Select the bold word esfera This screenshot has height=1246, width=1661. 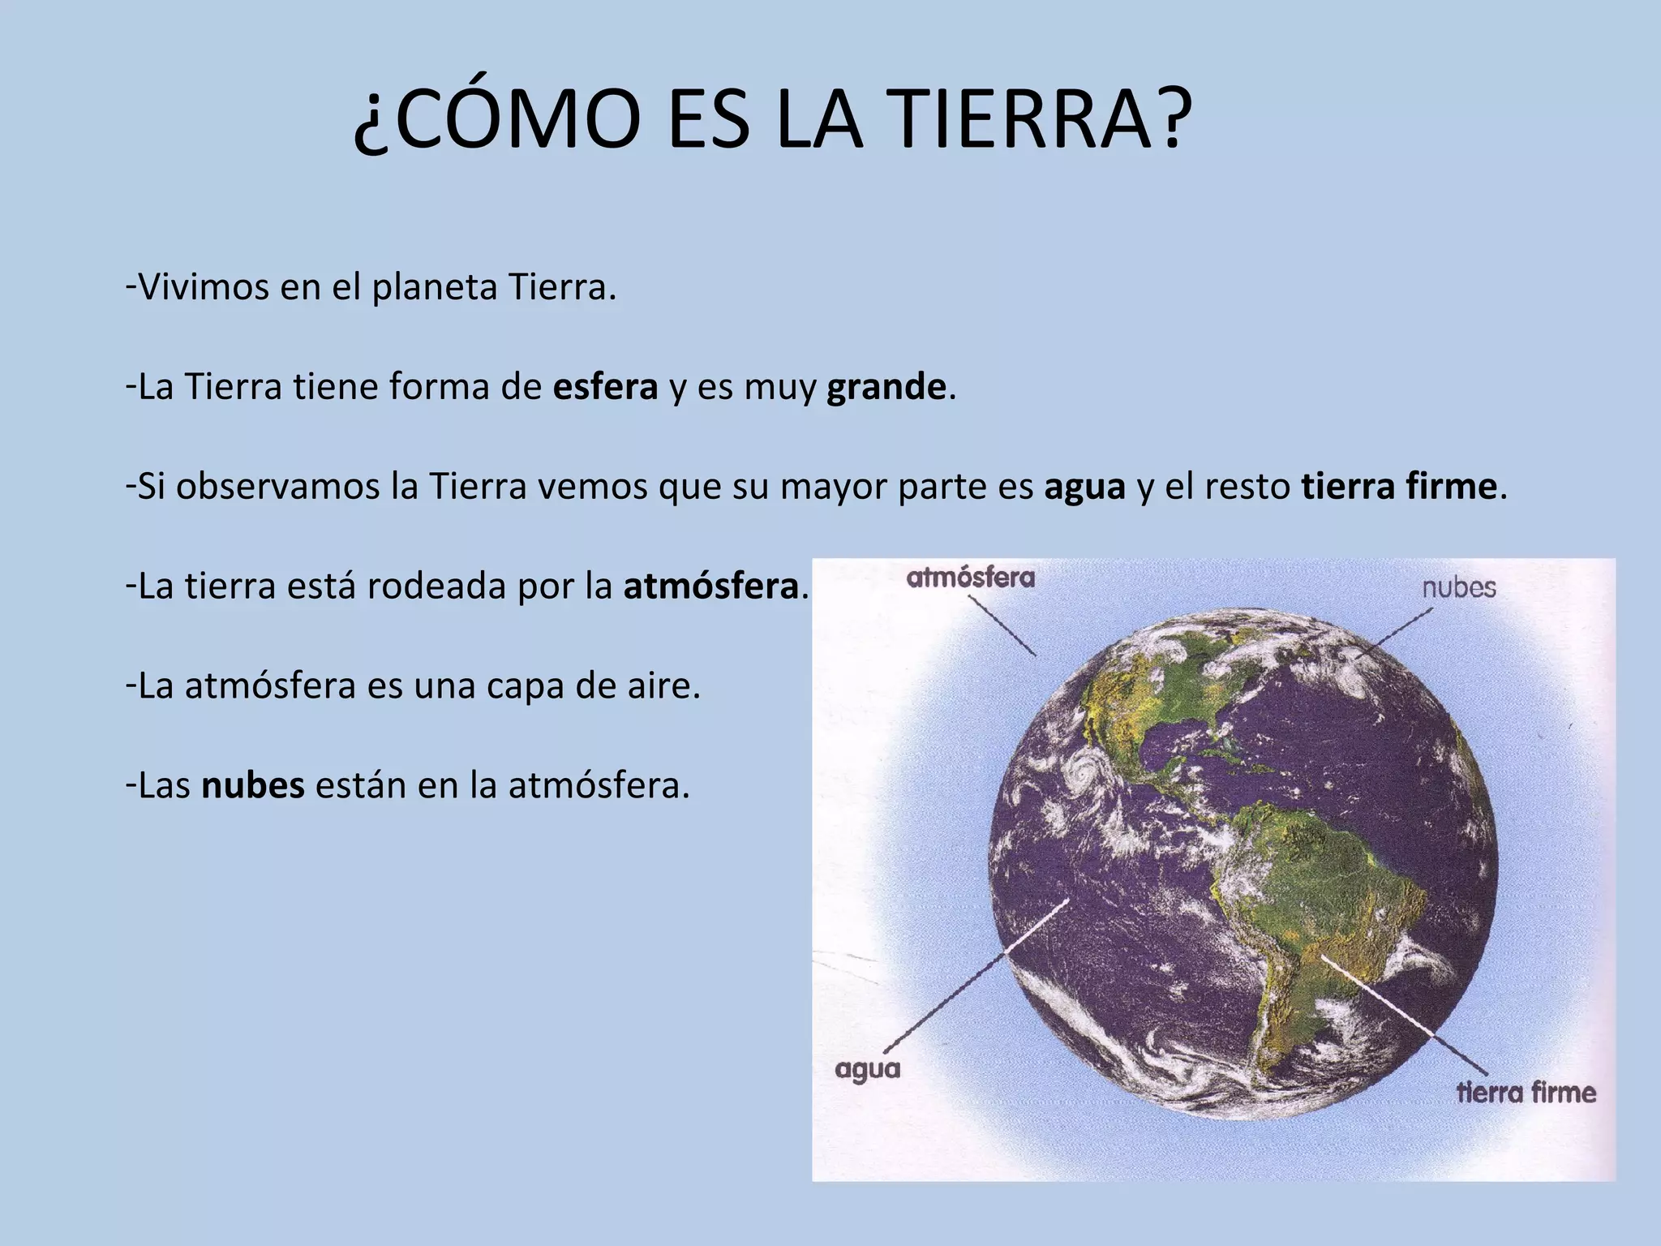click(605, 387)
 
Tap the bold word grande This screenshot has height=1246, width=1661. click(886, 388)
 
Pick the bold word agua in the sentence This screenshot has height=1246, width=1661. click(1084, 487)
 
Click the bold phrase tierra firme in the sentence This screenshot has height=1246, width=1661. click(1399, 487)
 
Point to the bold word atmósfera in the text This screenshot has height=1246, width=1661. click(711, 586)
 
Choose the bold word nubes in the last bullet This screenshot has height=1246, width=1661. click(252, 785)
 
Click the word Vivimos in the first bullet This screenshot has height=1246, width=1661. click(204, 287)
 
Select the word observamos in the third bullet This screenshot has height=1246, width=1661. click(277, 487)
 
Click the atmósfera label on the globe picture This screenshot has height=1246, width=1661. click(970, 578)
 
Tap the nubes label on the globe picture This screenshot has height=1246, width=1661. click(1458, 586)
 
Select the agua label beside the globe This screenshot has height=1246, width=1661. click(868, 1070)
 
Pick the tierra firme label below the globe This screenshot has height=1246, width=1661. click(1526, 1092)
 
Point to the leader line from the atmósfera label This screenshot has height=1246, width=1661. click(1002, 625)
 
